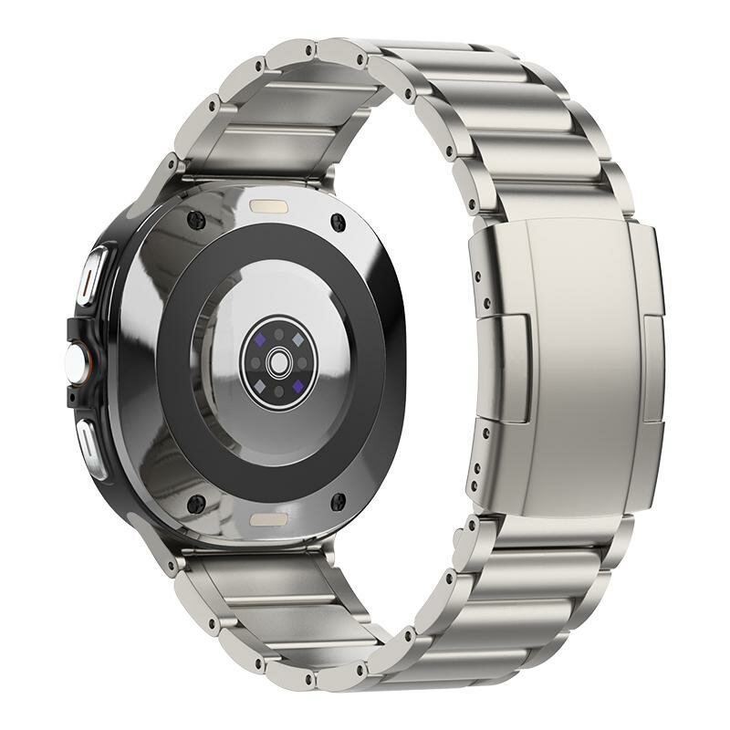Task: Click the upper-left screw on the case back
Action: click(194, 219)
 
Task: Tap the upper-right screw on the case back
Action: click(339, 221)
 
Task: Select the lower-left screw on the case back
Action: click(194, 501)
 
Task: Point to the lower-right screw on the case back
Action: click(338, 501)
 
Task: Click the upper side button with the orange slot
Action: click(93, 275)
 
